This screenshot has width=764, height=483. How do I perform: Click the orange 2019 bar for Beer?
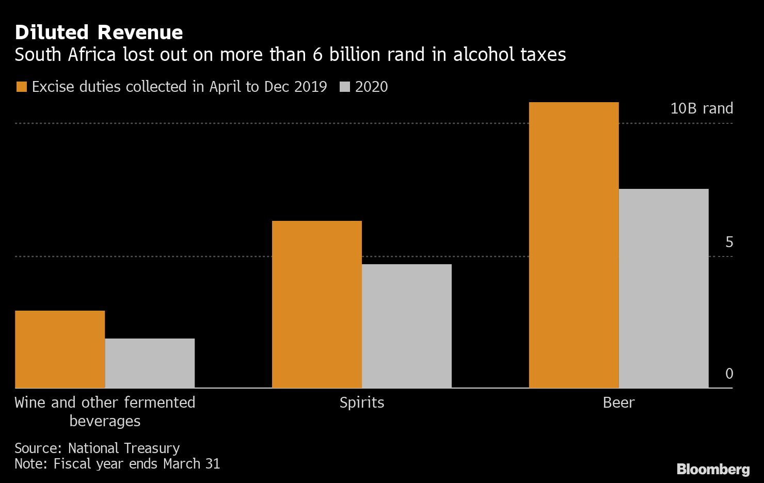click(x=574, y=245)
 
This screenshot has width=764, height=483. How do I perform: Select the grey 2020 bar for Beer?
click(x=663, y=288)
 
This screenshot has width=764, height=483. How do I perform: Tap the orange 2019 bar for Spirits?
click(x=316, y=304)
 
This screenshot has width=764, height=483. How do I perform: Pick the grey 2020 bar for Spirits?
click(x=406, y=326)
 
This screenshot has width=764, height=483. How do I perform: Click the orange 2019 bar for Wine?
click(x=60, y=349)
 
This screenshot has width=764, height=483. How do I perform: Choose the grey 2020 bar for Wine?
click(x=150, y=363)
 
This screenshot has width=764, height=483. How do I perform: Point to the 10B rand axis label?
click(x=701, y=108)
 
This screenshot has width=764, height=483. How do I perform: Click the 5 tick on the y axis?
click(x=729, y=242)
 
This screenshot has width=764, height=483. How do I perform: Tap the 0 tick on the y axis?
click(x=729, y=374)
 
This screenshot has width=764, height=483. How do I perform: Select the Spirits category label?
click(x=362, y=403)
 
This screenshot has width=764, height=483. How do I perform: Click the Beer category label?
click(x=618, y=403)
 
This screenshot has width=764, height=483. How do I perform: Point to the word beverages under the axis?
click(x=105, y=421)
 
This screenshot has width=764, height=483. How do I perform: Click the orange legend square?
click(x=21, y=87)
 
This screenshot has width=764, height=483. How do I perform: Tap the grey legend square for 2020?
click(x=344, y=87)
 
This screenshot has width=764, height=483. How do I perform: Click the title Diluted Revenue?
click(x=99, y=33)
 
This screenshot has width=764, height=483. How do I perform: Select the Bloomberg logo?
click(x=713, y=469)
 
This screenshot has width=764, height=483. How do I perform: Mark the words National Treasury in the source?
click(x=124, y=448)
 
